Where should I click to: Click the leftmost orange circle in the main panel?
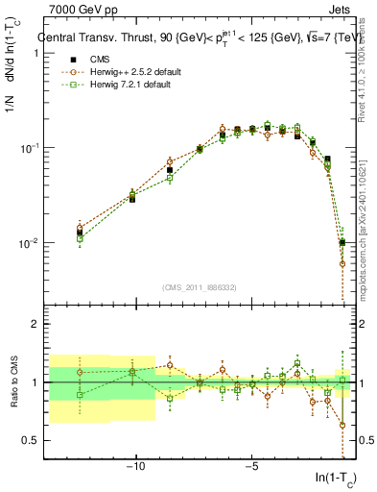(x=80, y=229)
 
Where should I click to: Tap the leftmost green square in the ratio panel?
(x=80, y=395)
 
